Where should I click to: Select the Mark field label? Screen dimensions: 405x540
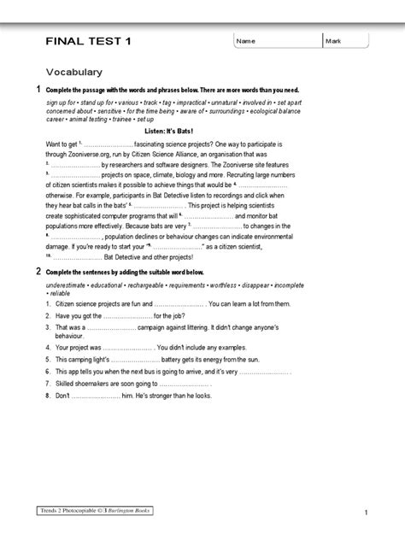point(334,41)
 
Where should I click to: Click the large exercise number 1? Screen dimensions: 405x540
point(38,90)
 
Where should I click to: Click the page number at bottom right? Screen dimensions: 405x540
point(365,512)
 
